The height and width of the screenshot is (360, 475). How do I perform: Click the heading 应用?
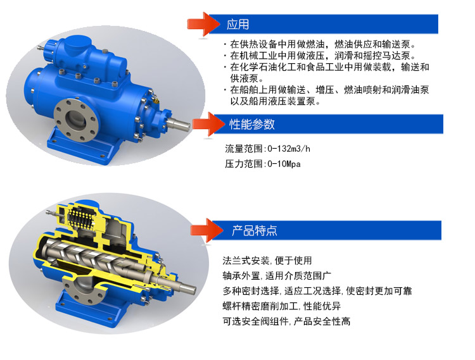(237, 24)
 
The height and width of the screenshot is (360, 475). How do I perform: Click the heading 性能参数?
(251, 124)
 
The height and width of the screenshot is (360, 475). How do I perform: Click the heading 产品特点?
(255, 230)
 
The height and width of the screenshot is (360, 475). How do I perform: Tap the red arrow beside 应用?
(203, 24)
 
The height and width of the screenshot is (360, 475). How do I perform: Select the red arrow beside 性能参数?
(208, 124)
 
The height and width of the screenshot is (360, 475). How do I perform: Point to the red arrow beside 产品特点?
(207, 230)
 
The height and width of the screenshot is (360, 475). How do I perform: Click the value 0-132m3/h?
(289, 149)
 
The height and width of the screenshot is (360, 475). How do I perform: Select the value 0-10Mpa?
(284, 164)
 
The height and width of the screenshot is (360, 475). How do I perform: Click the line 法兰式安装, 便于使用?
(267, 261)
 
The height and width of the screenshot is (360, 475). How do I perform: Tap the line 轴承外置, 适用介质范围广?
(277, 276)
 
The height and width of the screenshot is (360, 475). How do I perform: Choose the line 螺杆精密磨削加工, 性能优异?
(282, 306)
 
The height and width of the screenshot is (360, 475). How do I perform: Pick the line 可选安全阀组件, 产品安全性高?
(286, 321)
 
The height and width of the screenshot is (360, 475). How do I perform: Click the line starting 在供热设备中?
(320, 44)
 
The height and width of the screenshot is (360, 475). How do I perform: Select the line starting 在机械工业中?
(320, 56)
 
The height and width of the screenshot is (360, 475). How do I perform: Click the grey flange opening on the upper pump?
(76, 120)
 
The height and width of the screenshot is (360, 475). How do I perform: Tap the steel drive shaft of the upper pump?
(179, 124)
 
